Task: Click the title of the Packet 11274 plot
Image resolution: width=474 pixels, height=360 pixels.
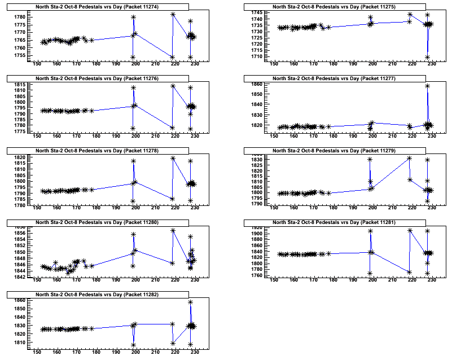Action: tap(112, 7)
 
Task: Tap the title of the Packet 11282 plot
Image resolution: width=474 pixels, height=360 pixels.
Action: tap(112, 295)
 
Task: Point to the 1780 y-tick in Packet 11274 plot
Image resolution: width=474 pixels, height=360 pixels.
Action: tap(19, 17)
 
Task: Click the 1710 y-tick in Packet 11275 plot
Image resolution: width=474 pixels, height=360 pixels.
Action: tap(256, 57)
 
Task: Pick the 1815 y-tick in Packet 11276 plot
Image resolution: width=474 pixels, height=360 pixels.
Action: tap(19, 90)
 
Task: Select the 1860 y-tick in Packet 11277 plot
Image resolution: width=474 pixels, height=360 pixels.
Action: tap(256, 84)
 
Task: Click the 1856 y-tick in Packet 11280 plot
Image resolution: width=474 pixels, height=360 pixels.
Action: tap(19, 233)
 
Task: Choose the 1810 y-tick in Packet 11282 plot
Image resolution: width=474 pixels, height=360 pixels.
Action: tap(19, 342)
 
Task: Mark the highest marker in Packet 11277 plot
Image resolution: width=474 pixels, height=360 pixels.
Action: tap(428, 86)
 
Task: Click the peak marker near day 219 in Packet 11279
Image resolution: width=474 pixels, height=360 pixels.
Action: tap(409, 158)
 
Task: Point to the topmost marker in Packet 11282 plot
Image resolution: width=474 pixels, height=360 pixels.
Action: tap(191, 302)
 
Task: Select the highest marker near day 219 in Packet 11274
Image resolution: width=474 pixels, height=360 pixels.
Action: tap(172, 14)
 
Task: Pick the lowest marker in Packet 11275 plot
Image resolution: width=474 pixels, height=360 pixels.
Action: tap(427, 58)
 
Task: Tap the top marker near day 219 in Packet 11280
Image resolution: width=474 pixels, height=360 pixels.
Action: tap(173, 230)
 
